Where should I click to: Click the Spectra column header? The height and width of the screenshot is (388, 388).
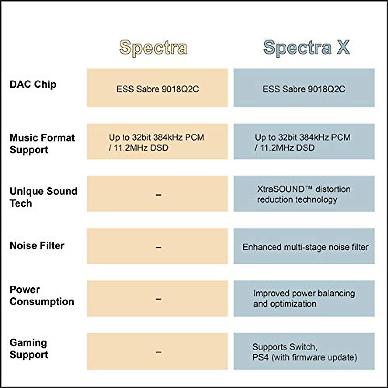click(153, 48)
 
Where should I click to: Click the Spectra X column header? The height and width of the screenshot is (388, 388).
click(306, 48)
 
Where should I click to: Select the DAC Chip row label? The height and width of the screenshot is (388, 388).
click(33, 84)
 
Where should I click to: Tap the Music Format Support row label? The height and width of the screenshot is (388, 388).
click(42, 144)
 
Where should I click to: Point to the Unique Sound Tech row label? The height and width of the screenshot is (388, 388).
click(43, 197)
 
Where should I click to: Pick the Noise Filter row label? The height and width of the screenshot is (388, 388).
click(37, 246)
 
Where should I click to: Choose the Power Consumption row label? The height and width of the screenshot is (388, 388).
click(42, 295)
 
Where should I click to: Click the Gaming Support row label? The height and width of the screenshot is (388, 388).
click(29, 349)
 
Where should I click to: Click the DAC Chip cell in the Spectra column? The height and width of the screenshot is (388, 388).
click(157, 89)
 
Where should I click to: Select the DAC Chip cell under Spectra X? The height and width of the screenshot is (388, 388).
click(304, 89)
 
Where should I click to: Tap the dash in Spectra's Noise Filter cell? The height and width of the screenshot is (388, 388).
click(158, 247)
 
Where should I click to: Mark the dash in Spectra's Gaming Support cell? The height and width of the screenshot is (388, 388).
click(158, 352)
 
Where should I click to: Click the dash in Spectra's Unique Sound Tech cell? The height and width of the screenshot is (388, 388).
click(158, 195)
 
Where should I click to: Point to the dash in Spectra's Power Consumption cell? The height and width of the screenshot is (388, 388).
click(158, 299)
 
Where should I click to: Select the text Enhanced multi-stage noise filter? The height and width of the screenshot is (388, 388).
click(305, 247)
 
